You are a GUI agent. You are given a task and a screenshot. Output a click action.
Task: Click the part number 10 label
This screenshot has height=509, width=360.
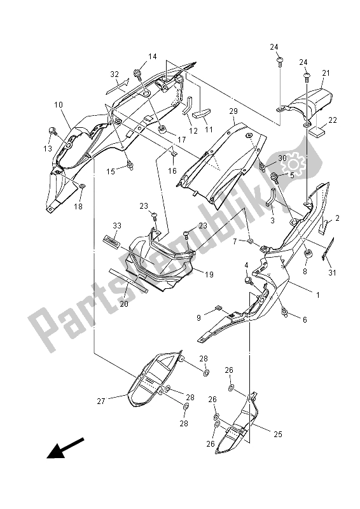58,105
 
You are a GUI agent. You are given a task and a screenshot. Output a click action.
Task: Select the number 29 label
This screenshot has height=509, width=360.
233,111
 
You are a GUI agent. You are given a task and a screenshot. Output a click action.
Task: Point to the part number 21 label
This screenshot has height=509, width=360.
326,74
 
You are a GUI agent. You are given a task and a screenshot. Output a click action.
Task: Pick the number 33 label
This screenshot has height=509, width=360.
116,226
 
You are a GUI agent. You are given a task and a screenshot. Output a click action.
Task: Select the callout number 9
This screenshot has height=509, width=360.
198,317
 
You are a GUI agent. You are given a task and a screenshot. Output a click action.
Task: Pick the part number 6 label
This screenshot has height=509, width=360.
304,320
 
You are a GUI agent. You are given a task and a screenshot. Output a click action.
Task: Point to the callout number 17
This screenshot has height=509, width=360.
181,140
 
